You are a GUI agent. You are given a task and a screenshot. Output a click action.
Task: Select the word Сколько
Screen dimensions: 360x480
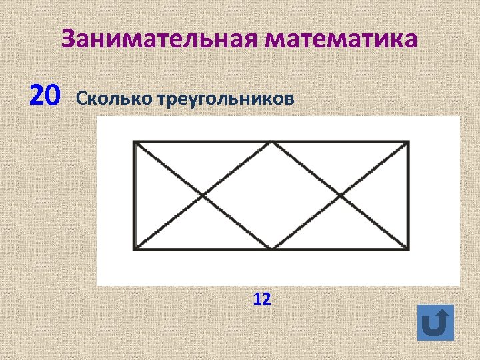115,99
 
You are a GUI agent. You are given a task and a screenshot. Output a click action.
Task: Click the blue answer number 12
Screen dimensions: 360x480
262,299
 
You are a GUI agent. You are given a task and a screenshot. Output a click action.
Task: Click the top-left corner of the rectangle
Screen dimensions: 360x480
135,142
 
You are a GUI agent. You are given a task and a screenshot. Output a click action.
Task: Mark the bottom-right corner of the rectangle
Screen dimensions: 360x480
408,249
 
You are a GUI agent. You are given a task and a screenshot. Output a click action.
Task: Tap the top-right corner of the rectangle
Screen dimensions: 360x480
408,142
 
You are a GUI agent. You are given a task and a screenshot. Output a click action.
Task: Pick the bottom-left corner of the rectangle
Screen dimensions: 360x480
135,249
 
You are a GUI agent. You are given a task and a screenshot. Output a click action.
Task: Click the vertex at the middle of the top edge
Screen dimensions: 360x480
271,142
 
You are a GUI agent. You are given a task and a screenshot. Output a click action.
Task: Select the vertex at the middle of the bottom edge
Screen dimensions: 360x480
271,249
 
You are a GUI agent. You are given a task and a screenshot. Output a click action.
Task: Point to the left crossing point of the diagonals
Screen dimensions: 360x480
203,196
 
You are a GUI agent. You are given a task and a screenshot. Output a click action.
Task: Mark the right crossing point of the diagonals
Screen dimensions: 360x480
340,196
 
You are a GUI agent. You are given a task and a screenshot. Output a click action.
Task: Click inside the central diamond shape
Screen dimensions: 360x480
271,196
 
